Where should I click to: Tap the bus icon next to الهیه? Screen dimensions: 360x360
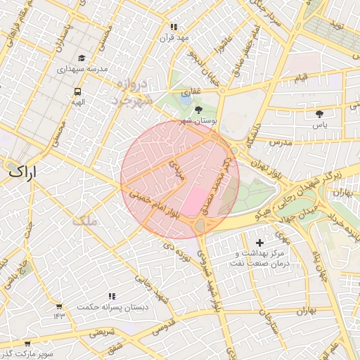click(77, 91)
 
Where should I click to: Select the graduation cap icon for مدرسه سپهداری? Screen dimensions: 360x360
click(82, 58)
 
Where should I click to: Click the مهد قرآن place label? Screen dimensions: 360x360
click(174, 37)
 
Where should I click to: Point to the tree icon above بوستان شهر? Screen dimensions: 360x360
click(198, 110)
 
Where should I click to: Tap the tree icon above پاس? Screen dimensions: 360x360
click(320, 113)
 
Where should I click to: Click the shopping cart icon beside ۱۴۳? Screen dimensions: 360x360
click(58, 307)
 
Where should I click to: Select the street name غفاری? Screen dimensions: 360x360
click(191, 91)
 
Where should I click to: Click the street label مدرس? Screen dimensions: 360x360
click(281, 142)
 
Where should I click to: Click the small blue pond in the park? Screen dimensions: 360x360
click(184, 100)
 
